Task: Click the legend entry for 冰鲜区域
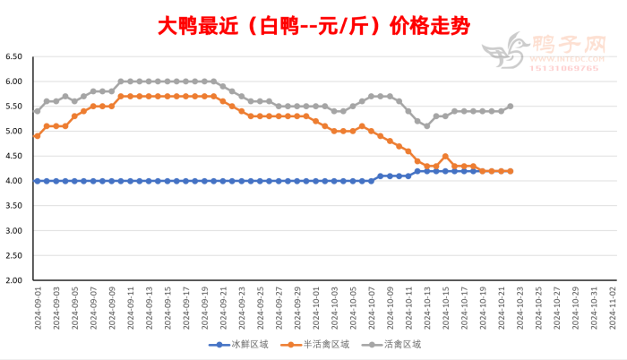click(232, 344)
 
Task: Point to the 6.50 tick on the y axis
click(13, 56)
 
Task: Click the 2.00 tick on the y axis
click(13, 280)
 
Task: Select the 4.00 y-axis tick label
click(13, 181)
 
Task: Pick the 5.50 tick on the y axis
click(13, 107)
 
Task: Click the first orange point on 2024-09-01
click(38, 136)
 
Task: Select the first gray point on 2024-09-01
click(38, 111)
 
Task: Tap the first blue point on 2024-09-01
click(38, 181)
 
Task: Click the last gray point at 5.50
click(510, 107)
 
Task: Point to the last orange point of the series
click(510, 171)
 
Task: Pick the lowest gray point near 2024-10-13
click(426, 126)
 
